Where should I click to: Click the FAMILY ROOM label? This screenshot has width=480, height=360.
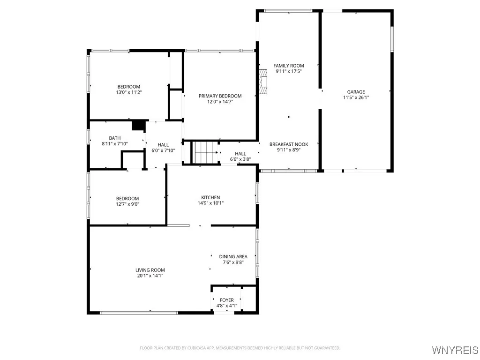point(289,66)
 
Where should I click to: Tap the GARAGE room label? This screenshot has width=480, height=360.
point(356,92)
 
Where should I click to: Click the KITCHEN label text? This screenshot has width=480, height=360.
point(210,197)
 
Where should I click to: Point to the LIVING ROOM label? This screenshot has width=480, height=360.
point(150,270)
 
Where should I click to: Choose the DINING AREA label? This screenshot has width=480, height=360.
point(233,256)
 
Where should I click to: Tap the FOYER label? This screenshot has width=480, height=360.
point(226,300)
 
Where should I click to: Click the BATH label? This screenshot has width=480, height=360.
point(115,138)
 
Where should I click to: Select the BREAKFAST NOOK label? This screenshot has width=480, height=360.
point(289,144)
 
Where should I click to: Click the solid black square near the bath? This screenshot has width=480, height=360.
point(138,125)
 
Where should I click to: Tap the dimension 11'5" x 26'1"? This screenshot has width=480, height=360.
point(356,98)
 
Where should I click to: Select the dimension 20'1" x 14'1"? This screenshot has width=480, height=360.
point(150,276)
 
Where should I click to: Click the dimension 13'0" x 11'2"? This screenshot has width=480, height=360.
point(128,92)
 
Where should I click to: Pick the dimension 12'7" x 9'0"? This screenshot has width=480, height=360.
point(128,204)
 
